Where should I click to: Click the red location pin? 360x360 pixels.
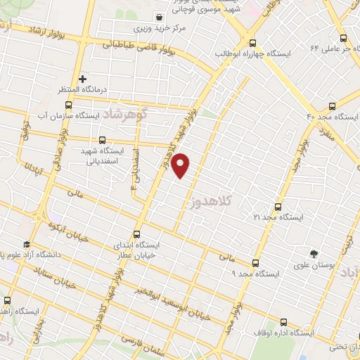pos(181,165)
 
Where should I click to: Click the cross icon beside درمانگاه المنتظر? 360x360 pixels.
pos(82,79)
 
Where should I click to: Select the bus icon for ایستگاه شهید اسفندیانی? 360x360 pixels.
pos(103,140)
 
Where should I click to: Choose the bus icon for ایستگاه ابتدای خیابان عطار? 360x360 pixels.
pos(136,234)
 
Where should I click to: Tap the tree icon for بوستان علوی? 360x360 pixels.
pos(314,252)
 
